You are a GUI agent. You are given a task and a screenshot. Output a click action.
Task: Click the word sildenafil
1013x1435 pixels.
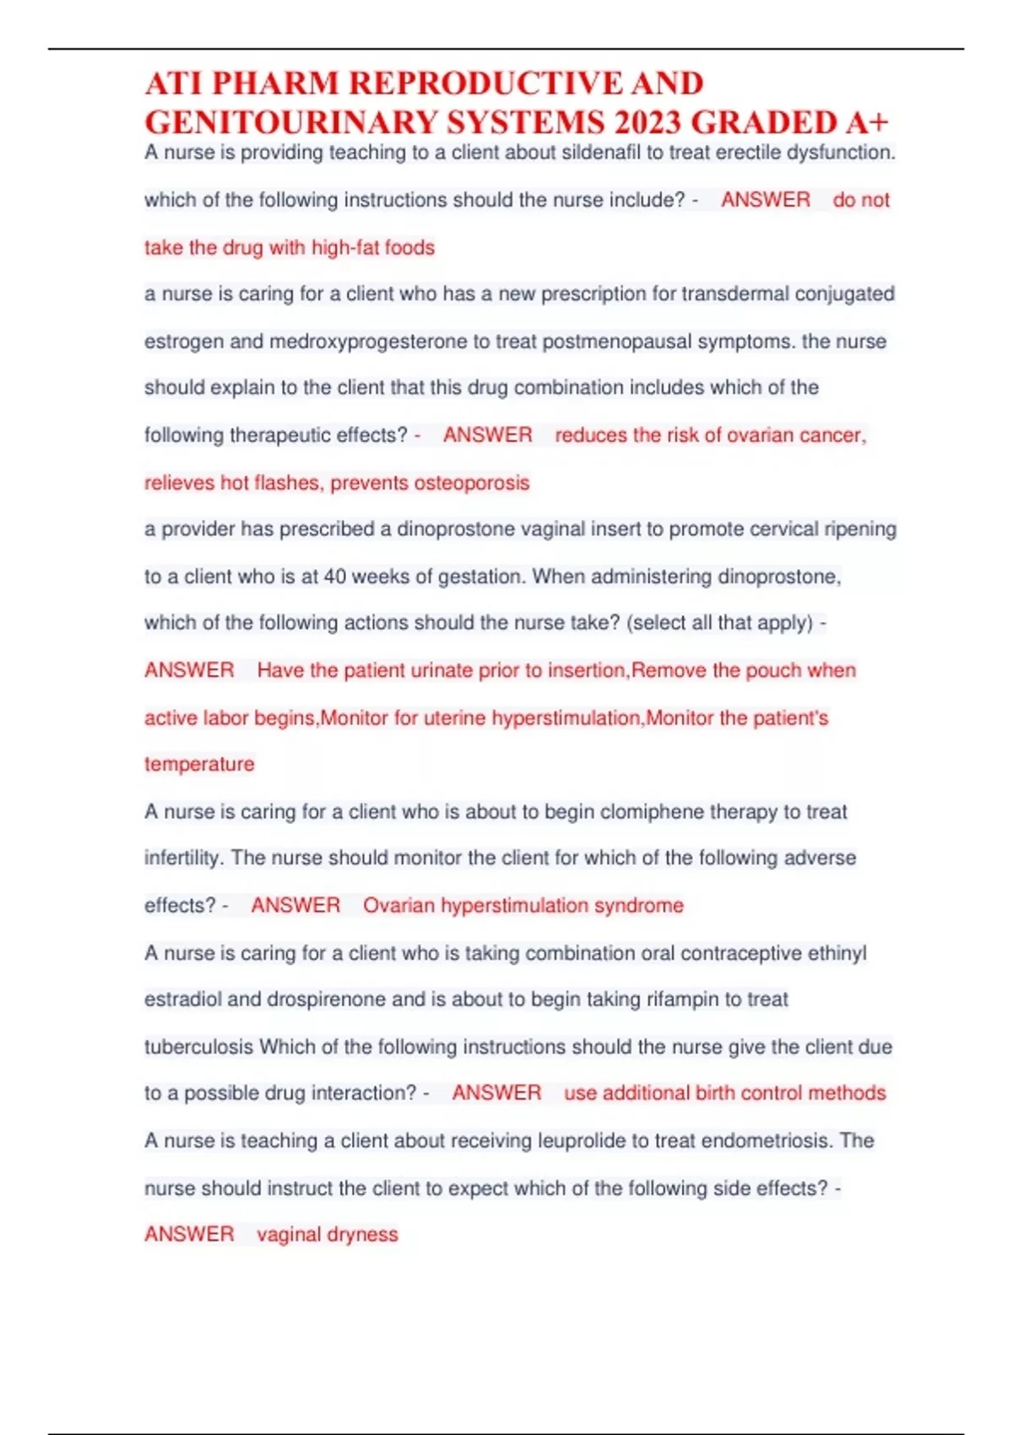coord(601,153)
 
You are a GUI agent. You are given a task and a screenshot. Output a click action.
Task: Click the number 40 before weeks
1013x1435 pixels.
coord(334,577)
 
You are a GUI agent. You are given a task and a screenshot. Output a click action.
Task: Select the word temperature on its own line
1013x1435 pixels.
coord(199,764)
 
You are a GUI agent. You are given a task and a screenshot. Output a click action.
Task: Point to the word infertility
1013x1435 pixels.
coord(183,858)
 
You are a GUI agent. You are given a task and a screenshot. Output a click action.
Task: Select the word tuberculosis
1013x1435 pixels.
coord(198,1047)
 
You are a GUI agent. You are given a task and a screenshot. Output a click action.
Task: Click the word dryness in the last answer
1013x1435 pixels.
coord(364,1235)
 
